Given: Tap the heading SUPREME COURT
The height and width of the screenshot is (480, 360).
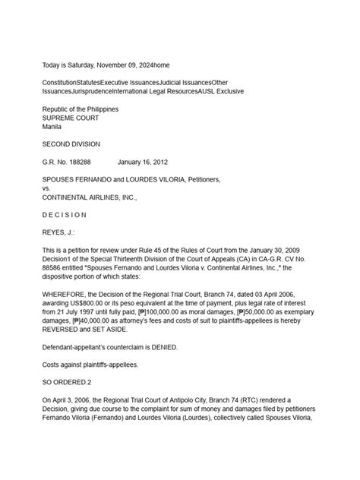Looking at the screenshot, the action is click(x=74, y=118).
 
